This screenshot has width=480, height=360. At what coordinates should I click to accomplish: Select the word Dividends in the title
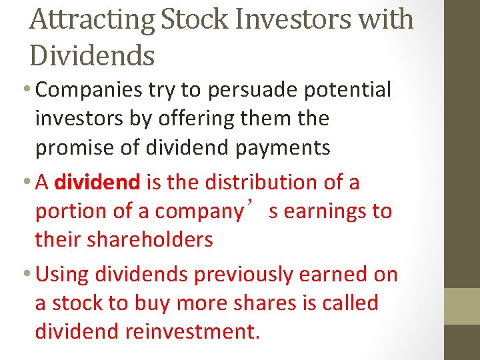click(92, 55)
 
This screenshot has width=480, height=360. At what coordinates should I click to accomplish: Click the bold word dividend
click(97, 181)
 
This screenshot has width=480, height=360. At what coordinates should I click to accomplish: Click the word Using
click(64, 274)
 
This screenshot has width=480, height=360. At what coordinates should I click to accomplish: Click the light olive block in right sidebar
click(462, 306)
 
